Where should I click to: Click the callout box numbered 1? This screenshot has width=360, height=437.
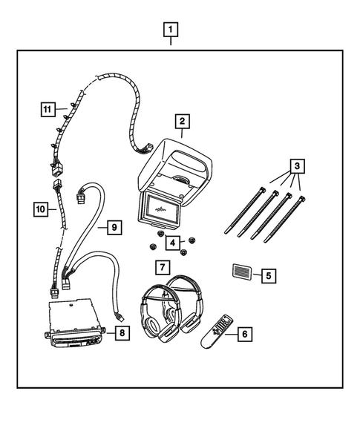coord(171,30)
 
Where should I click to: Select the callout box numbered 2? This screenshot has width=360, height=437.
coord(181,121)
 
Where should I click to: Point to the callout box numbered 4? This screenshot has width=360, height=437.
coord(171,242)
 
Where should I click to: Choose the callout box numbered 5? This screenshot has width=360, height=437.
coord(266,275)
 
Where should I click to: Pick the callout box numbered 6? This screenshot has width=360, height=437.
coord(243,334)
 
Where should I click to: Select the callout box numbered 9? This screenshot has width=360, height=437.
coord(114,227)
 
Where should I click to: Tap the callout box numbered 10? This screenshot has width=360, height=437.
coord(42,209)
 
